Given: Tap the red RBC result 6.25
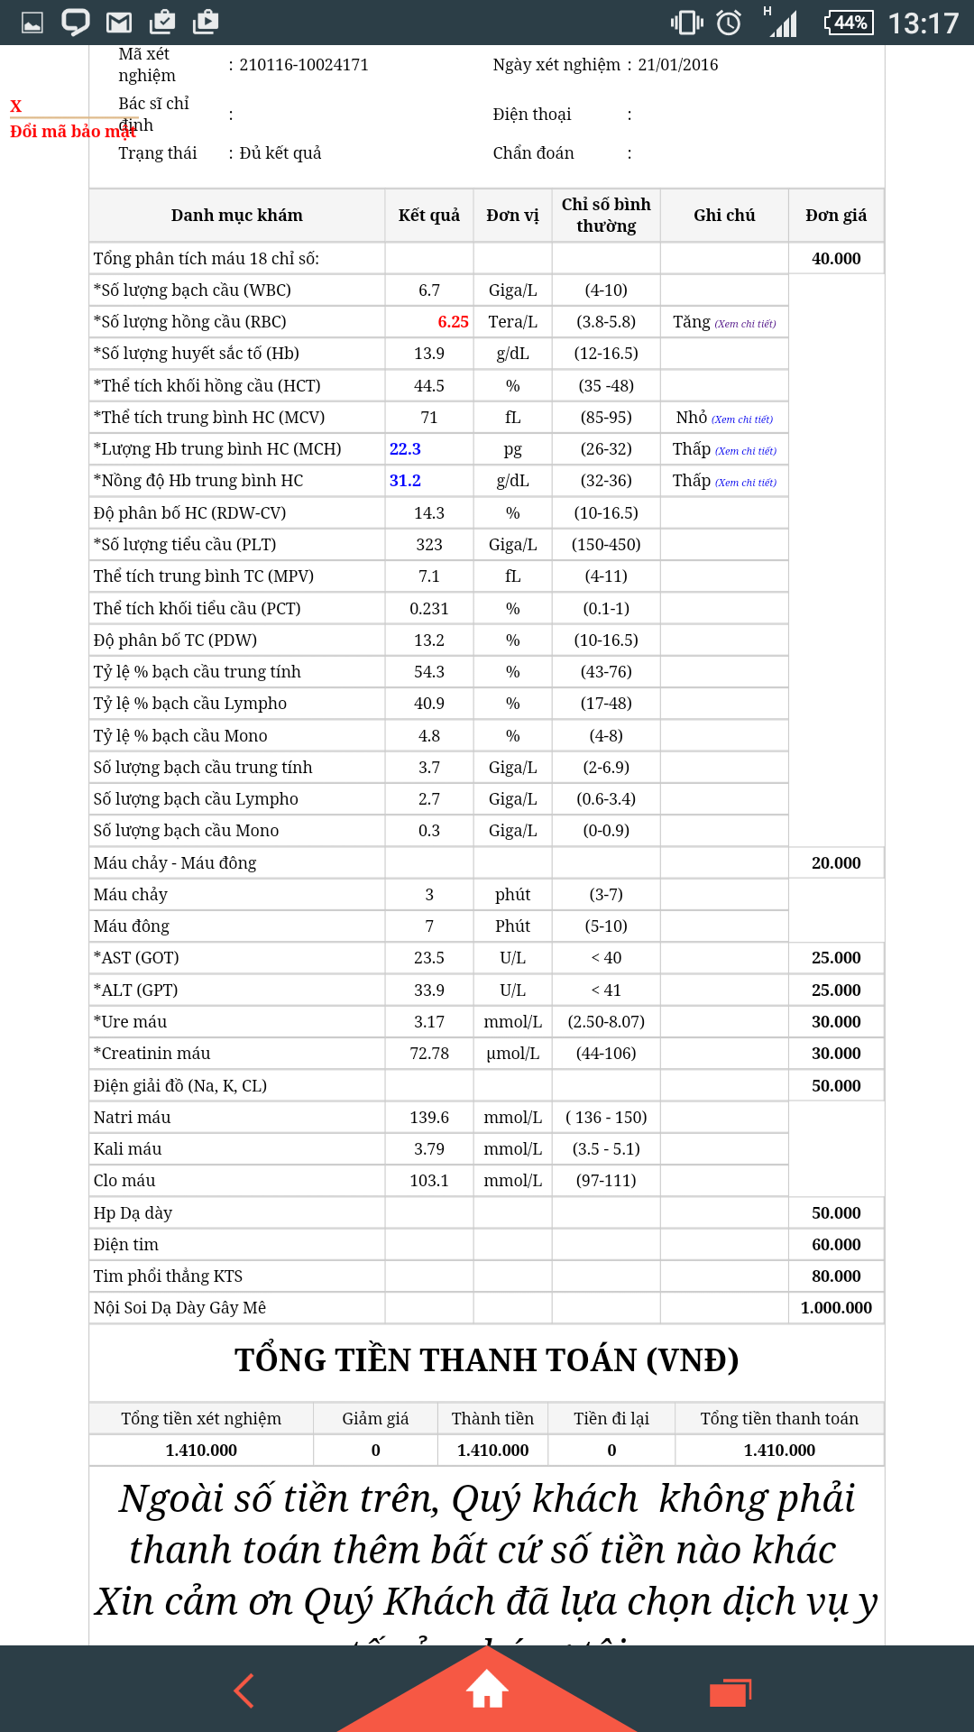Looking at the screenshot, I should [453, 322].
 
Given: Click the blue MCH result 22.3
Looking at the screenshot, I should [405, 449].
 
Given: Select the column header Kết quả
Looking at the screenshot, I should [429, 216].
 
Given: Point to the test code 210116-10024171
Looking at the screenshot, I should [304, 65].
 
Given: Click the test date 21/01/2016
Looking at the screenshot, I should [678, 65].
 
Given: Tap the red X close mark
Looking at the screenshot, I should [15, 106].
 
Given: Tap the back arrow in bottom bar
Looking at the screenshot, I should [244, 1691].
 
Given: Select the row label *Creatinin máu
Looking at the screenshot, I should [152, 1054].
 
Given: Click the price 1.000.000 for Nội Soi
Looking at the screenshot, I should [836, 1308].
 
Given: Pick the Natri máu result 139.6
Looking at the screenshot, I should [429, 1118].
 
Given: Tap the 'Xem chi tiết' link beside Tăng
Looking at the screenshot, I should [745, 324].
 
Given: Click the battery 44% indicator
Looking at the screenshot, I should [850, 23].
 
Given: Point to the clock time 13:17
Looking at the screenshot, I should [923, 23].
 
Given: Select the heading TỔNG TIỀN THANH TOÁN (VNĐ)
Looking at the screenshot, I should [487, 1360].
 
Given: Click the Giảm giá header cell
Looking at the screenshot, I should [375, 1419].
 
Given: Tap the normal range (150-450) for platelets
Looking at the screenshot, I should [606, 545].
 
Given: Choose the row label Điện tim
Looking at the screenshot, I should [126, 1245].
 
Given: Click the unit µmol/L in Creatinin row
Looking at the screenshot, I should [512, 1054].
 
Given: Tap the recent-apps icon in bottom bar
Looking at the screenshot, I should [730, 1692].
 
